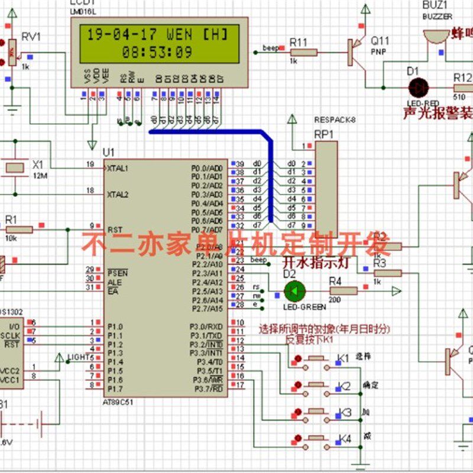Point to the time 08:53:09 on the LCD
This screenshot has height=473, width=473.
(157, 52)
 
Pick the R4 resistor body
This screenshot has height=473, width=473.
(342, 291)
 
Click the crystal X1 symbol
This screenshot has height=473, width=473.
(15, 167)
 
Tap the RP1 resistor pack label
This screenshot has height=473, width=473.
(323, 134)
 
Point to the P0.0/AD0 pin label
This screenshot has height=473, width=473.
(207, 168)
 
